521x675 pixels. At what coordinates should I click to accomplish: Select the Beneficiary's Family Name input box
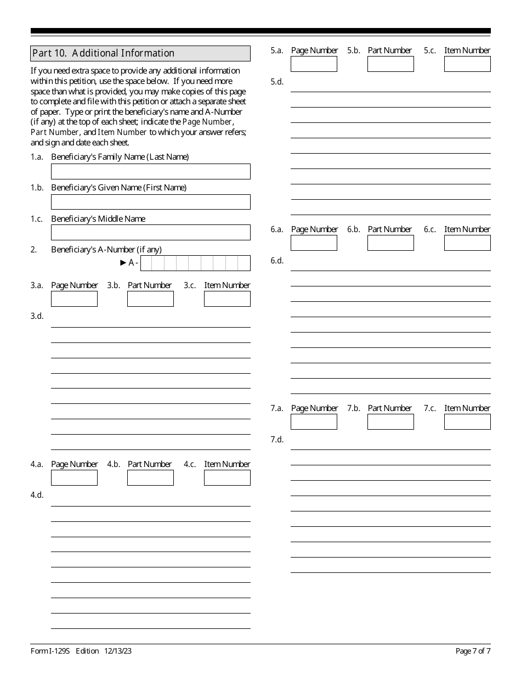[150, 171]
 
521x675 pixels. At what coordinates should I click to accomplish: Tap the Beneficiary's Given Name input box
[150, 202]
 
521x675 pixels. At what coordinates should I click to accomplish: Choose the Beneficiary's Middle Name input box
[150, 233]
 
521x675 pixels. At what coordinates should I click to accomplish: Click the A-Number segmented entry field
[195, 263]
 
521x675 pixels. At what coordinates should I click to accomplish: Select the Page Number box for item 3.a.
[74, 299]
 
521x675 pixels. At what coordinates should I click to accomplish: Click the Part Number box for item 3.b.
[150, 299]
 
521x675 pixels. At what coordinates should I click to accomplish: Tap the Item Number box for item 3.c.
[227, 299]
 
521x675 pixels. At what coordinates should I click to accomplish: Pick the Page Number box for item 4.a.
[74, 477]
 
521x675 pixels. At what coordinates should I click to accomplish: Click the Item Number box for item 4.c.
[227, 477]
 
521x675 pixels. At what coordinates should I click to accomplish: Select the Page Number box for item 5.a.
[314, 64]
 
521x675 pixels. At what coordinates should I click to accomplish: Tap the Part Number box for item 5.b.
[390, 64]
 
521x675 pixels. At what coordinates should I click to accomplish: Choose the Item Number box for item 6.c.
[467, 243]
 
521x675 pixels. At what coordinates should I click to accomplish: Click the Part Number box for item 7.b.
[390, 421]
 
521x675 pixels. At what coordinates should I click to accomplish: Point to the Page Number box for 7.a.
[314, 421]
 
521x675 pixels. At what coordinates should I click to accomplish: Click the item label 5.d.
[277, 82]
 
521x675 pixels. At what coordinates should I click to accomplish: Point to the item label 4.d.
[37, 494]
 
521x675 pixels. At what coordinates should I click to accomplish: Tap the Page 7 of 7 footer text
[473, 651]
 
